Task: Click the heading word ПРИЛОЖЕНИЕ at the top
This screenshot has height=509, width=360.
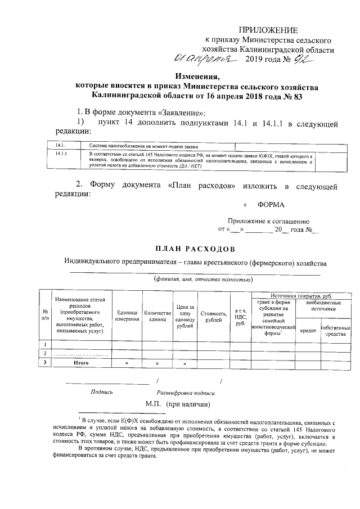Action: pyautogui.click(x=268, y=30)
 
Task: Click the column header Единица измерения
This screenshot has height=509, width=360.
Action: pyautogui.click(x=127, y=316)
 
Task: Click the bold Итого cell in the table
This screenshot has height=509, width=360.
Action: pyautogui.click(x=82, y=363)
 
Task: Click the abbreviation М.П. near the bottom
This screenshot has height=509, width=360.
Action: pyautogui.click(x=153, y=404)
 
